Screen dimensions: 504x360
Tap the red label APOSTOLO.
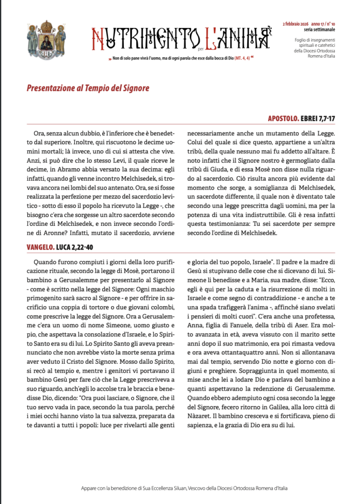click(284, 119)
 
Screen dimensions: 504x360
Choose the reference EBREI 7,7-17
click(320, 119)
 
